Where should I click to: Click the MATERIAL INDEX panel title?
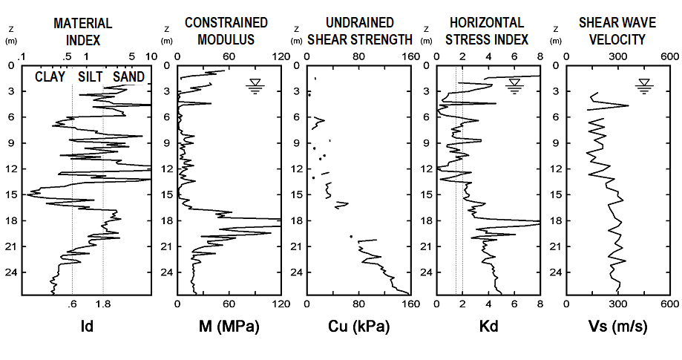pos(83,31)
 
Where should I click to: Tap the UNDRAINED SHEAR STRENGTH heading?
pos(358,31)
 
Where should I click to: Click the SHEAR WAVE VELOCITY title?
pos(612,31)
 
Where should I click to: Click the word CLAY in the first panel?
pos(50,76)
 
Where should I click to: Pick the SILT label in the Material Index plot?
pos(88,76)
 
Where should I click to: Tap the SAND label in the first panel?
pos(128,76)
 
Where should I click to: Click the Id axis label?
pos(86,326)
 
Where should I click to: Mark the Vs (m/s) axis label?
pos(617,326)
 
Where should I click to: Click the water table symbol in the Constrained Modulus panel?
pos(255,86)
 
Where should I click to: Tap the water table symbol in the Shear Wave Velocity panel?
pos(644,86)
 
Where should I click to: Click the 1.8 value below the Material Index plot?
pos(103,304)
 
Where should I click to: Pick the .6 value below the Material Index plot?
pos(72,304)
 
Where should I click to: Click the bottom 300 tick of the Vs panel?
pos(617,304)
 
